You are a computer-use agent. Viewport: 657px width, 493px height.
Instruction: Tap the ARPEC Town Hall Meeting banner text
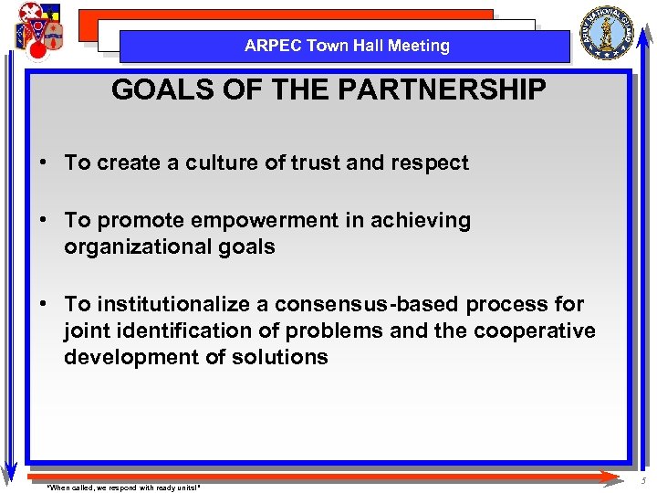[347, 46]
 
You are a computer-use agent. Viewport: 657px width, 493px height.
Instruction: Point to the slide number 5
[644, 481]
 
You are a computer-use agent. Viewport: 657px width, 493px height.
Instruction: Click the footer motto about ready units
[123, 488]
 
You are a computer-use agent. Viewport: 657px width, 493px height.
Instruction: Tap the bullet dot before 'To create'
[44, 163]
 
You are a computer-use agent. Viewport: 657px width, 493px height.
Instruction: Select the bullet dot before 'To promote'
[44, 221]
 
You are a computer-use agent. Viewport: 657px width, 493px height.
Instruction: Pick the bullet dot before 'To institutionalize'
[44, 304]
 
